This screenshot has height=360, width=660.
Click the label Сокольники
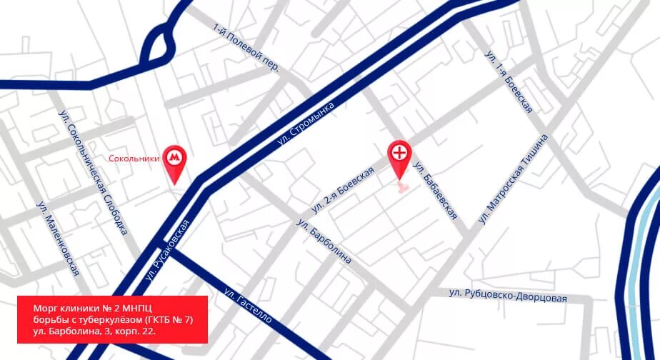point(134,159)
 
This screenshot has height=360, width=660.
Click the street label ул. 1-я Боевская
point(509,81)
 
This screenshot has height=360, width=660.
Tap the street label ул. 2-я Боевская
point(342,191)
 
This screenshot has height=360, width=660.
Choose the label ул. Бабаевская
point(434,191)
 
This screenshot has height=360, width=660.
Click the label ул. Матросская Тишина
point(514,178)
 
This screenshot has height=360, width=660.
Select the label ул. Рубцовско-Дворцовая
point(507,295)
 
